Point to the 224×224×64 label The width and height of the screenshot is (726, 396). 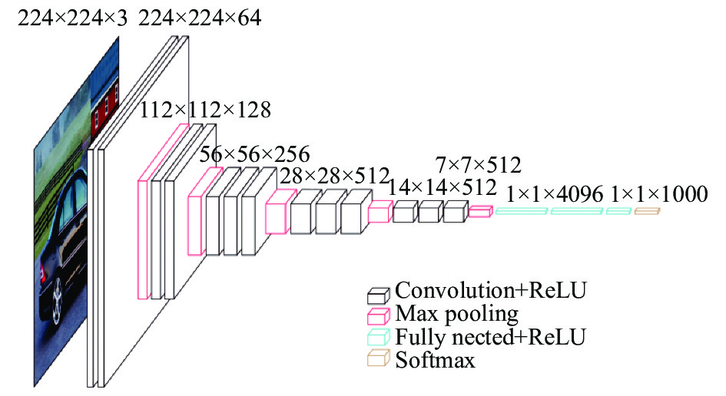point(200,18)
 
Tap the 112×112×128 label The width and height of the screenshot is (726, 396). point(205,110)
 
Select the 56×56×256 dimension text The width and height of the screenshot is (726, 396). point(254,154)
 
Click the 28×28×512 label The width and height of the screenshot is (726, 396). point(334,176)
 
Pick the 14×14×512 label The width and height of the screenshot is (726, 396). point(442,187)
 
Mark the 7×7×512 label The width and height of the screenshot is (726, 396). point(479,165)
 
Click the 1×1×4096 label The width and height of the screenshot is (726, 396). point(555,194)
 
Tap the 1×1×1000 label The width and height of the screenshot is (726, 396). point(659,194)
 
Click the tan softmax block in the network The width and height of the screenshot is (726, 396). point(647,211)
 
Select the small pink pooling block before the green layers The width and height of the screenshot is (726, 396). point(479,211)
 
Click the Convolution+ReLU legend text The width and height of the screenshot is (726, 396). point(491,291)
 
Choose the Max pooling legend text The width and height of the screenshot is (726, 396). point(456,314)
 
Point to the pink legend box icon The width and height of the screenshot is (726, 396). point(378,316)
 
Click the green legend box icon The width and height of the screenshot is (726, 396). point(378,337)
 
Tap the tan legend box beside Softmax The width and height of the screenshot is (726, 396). point(378,358)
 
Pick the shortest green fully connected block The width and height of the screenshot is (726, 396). point(618,211)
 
